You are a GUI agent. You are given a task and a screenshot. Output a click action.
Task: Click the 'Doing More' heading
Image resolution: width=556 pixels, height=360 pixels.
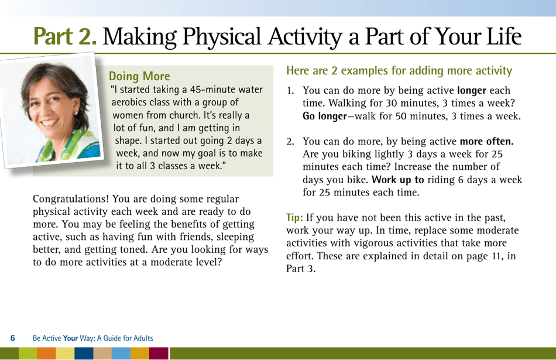[x=140, y=76]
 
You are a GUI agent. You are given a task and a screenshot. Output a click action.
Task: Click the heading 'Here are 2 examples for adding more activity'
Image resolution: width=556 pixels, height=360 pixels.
[x=399, y=71]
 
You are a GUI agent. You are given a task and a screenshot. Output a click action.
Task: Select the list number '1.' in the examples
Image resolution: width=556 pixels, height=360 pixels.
[x=290, y=91]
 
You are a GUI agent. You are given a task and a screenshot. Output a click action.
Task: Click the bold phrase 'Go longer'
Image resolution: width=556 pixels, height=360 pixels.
[x=324, y=116]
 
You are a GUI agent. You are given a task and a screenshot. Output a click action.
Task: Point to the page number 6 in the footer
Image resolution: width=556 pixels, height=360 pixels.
[x=13, y=338]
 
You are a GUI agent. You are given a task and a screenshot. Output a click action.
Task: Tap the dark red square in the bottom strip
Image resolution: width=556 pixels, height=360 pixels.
[x=159, y=354]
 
